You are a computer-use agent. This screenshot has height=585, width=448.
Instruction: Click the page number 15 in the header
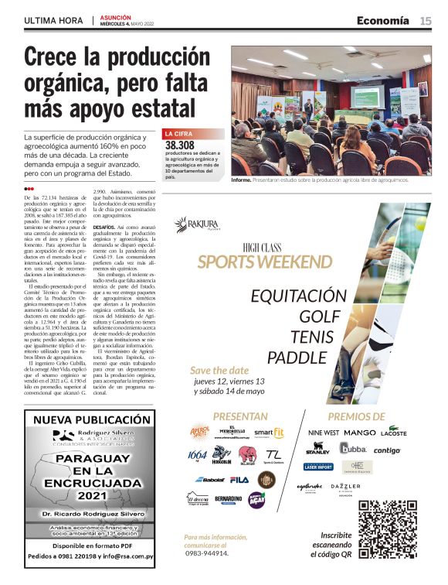pos(426,21)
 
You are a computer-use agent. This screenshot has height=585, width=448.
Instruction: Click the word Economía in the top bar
pos(383,21)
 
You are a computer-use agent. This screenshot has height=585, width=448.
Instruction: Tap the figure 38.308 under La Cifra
pos(180,145)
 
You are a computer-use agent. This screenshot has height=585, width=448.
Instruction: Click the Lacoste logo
pos(393,433)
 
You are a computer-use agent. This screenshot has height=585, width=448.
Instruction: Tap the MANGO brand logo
pos(359,433)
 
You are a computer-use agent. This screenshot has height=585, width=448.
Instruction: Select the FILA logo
pos(239,480)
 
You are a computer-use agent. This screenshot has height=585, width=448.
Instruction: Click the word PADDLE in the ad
pos(297,357)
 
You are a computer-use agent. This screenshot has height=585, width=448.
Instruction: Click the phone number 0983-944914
pos(207,553)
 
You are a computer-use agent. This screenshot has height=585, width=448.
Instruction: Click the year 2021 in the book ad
pos(88,494)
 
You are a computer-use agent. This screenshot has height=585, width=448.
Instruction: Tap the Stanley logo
pos(317,450)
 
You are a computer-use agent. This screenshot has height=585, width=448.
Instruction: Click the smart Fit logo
pos(269,433)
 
